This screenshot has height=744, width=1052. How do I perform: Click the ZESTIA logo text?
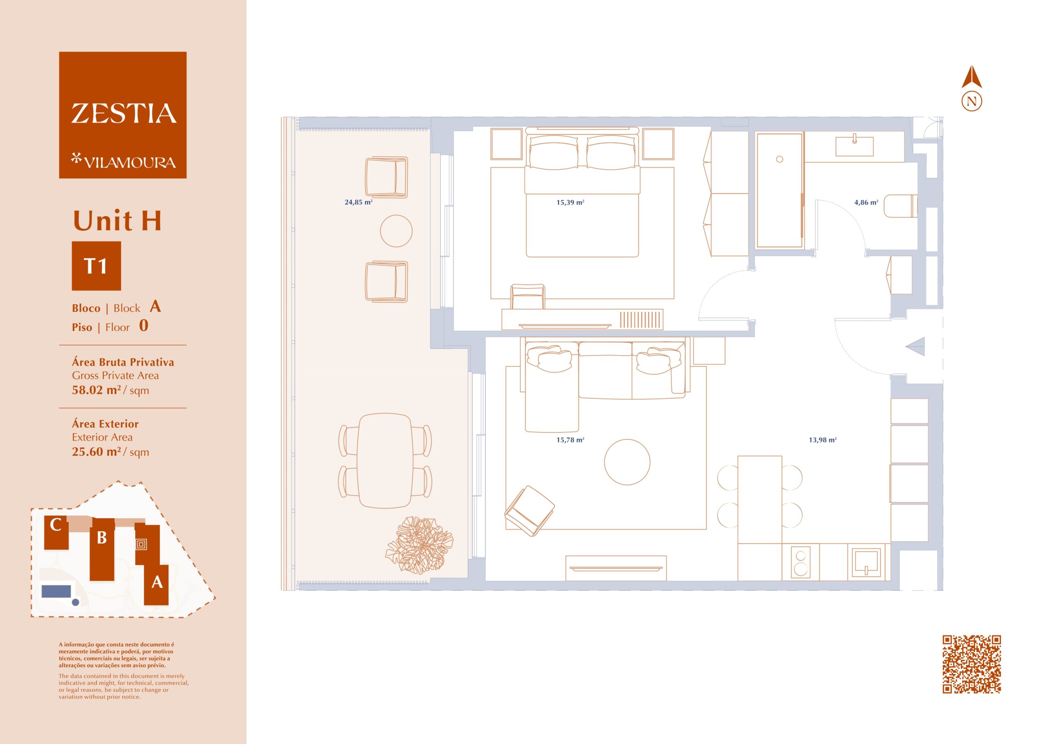(124, 114)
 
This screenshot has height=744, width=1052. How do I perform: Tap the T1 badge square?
(96, 266)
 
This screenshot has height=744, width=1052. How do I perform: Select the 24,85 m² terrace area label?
(358, 202)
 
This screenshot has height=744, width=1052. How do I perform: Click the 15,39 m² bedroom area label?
(570, 202)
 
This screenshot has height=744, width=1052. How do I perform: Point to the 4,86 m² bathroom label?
(866, 202)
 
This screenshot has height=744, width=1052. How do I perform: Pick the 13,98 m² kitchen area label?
(822, 440)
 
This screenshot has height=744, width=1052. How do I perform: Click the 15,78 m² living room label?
(570, 440)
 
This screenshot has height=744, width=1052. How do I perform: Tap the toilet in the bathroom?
(900, 206)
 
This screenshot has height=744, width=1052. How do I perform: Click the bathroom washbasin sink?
(854, 146)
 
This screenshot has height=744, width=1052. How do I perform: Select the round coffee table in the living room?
(627, 462)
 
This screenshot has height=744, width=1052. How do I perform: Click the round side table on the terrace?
(396, 231)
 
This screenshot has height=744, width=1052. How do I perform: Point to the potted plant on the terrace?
(419, 545)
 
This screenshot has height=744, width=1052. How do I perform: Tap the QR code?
(971, 664)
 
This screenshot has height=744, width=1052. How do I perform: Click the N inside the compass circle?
(971, 101)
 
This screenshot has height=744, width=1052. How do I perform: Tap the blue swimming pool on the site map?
(56, 591)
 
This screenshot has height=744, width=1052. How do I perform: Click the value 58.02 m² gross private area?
(97, 390)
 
